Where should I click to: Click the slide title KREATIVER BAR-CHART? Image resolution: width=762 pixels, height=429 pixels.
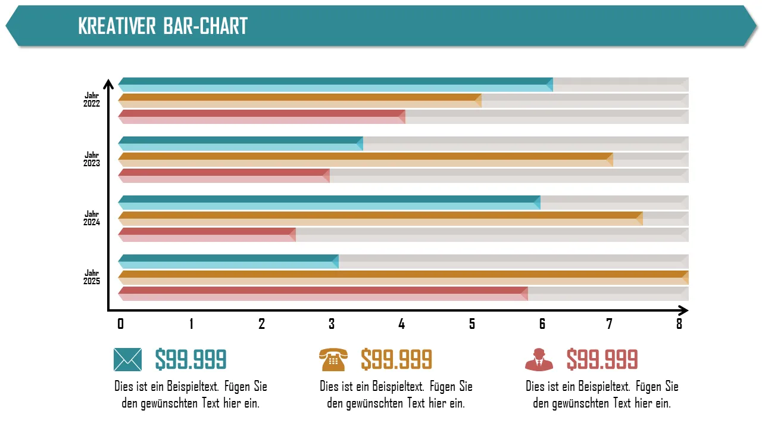(163, 26)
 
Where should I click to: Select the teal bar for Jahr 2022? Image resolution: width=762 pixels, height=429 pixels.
(335, 85)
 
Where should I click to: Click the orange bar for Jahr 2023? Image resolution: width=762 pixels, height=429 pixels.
(366, 160)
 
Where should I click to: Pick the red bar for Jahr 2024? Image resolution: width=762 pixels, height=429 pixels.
(207, 235)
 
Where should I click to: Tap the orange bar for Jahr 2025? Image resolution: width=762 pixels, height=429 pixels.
(403, 278)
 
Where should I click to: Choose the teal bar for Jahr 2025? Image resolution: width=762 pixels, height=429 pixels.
(229, 262)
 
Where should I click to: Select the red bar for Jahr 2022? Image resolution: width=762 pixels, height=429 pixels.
(262, 117)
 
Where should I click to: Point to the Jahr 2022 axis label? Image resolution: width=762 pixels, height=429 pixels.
(92, 99)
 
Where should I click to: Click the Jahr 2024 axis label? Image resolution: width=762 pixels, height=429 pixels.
(92, 218)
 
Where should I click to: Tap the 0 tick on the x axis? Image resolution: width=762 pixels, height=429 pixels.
(121, 324)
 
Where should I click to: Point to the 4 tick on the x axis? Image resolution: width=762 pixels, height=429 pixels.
(402, 324)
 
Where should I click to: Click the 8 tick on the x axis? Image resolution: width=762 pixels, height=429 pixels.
(679, 324)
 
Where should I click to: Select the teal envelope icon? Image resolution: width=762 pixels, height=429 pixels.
(127, 359)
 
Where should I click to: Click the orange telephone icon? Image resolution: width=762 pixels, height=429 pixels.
(332, 359)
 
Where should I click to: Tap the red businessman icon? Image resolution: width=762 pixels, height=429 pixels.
(539, 359)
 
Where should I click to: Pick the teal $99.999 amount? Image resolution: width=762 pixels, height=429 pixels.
(190, 359)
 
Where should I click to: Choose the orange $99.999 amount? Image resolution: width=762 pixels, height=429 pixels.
(396, 359)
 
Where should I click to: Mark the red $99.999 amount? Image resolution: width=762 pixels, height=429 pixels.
(602, 359)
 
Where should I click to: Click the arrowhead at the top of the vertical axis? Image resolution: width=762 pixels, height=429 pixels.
(108, 83)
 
